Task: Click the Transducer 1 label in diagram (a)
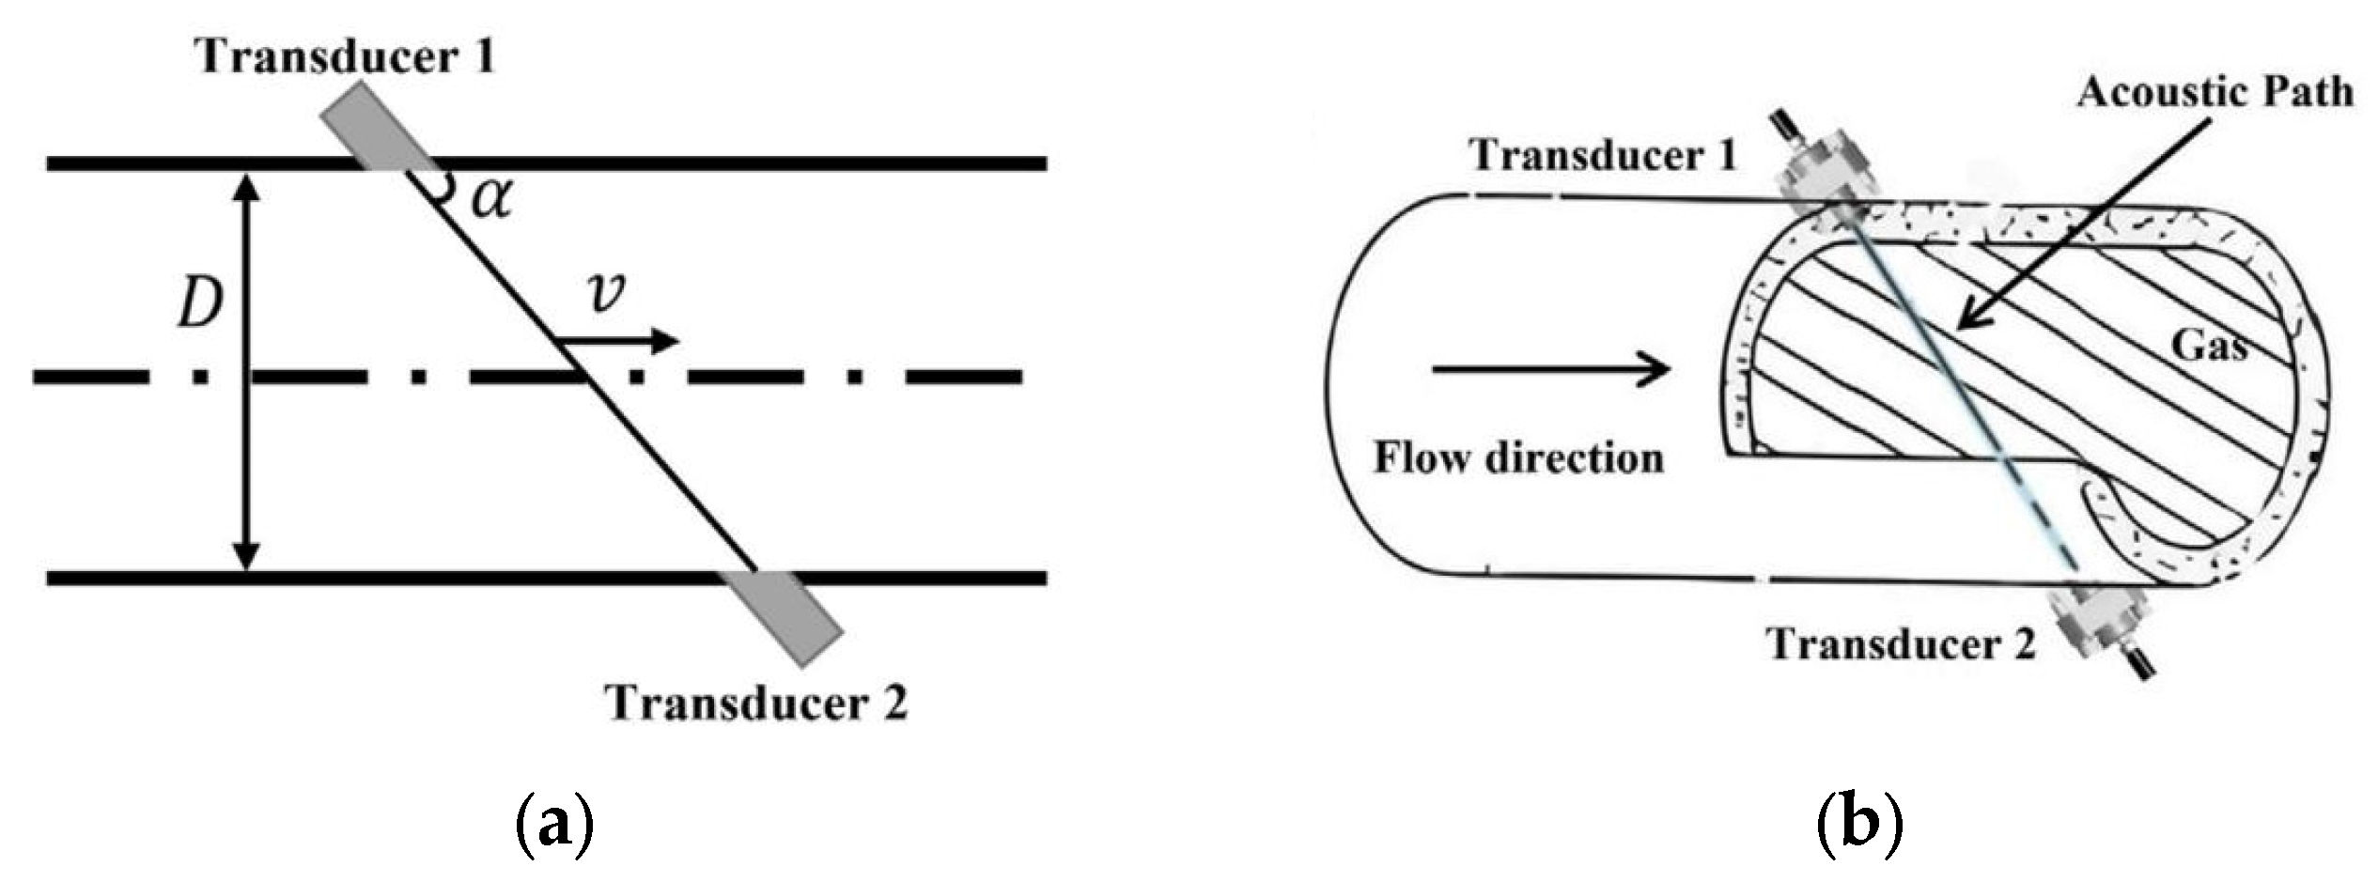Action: click(344, 57)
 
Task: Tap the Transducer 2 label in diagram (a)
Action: click(756, 704)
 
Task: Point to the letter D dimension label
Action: click(200, 303)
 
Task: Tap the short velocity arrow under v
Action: click(620, 340)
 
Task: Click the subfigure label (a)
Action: click(554, 824)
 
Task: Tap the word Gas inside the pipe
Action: click(2208, 347)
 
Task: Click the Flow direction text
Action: click(1518, 458)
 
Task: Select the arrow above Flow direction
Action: click(1550, 369)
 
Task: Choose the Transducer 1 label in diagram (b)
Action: click(1603, 155)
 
